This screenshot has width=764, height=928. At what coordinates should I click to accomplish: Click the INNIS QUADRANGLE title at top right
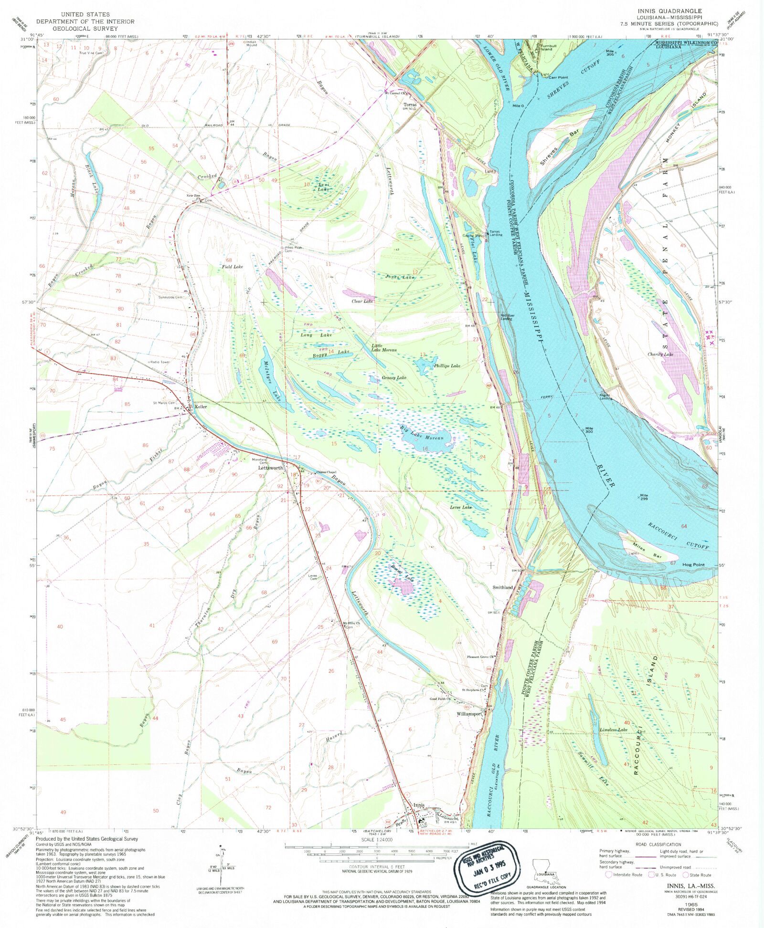tap(669, 10)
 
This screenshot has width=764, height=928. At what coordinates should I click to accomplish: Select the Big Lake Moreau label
tap(422, 433)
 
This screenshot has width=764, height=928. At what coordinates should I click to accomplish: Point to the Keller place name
tap(201, 407)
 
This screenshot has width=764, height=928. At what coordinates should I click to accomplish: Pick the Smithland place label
tap(502, 587)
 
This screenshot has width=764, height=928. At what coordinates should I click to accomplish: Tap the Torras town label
tap(410, 104)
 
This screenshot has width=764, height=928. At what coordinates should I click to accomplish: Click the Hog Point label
tap(693, 564)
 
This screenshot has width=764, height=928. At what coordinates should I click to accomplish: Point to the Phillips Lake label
tap(447, 365)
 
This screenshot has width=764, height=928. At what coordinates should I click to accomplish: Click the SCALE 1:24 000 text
tap(377, 840)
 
